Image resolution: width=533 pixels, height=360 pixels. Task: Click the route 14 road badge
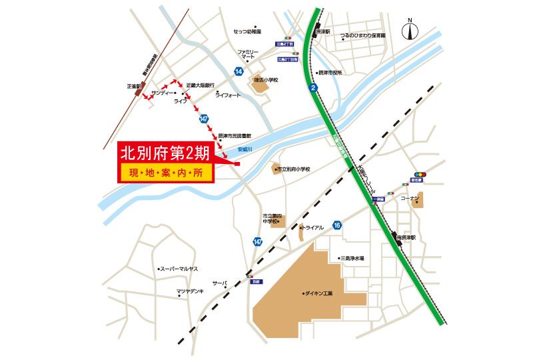coord(239,71)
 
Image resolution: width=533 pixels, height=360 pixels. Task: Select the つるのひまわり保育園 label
coord(362,34)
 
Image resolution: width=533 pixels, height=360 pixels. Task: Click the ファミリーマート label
coord(248,55)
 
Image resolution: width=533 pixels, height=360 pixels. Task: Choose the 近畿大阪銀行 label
coord(200,85)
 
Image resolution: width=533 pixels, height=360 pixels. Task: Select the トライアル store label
coord(312,227)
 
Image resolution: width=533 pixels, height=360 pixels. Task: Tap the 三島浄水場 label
coord(352,258)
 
